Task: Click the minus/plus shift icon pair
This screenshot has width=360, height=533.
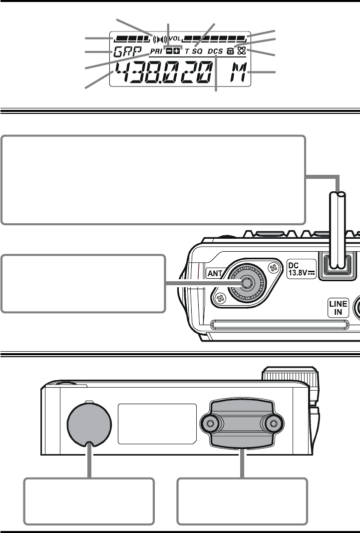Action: (x=173, y=51)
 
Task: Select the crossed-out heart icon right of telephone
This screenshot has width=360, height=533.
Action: (x=241, y=50)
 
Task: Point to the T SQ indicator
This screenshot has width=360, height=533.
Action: (x=193, y=51)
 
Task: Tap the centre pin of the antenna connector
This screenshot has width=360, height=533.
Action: (x=246, y=283)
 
